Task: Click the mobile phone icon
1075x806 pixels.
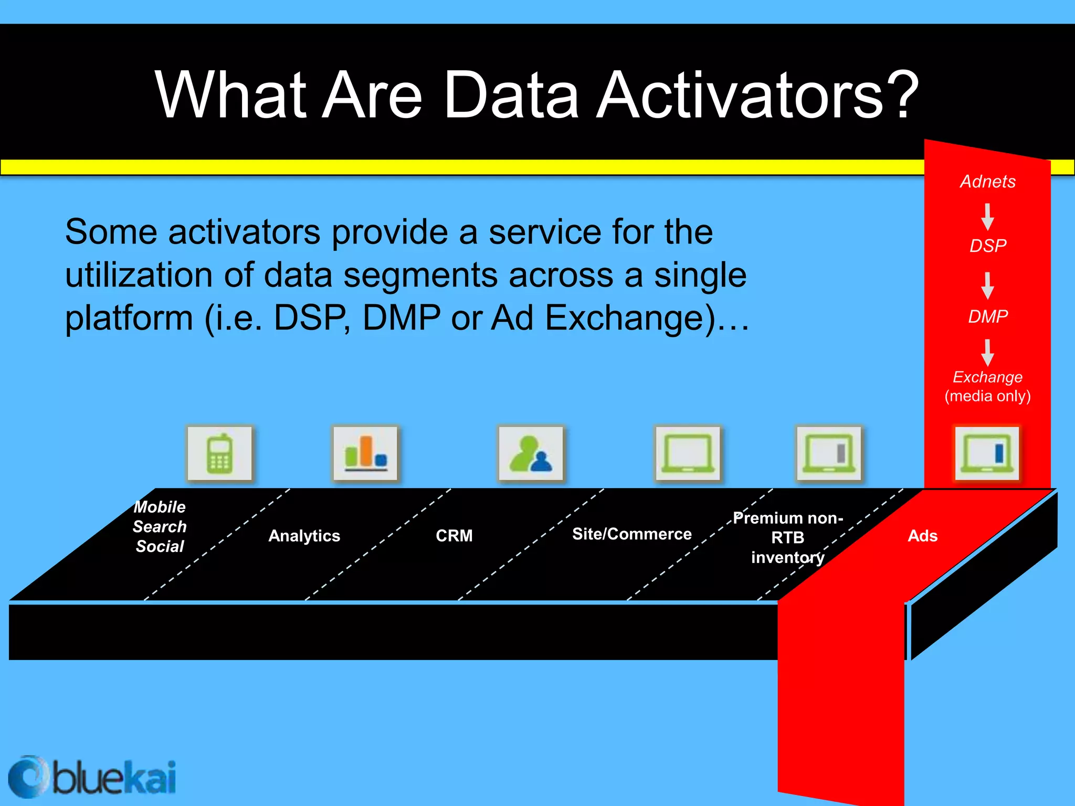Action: (x=219, y=453)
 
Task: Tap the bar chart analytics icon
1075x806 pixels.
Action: (x=365, y=453)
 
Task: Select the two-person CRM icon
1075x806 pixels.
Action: (x=530, y=453)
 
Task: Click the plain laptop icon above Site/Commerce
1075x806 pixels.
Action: (x=688, y=453)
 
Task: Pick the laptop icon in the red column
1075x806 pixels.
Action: (x=987, y=453)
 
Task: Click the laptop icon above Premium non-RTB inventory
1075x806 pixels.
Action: (x=829, y=453)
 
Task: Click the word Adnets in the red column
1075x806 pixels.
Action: (x=987, y=182)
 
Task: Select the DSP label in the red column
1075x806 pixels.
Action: (x=987, y=246)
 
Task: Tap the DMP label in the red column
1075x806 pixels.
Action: (x=987, y=316)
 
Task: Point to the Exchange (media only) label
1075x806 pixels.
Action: (x=987, y=386)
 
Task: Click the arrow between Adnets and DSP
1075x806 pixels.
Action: (x=987, y=217)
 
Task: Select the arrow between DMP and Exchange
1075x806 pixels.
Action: (x=987, y=352)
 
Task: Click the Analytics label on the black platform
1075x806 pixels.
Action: (x=304, y=536)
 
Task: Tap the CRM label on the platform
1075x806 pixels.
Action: (x=454, y=536)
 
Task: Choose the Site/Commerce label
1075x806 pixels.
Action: (x=631, y=534)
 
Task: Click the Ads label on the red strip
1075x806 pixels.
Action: (x=922, y=536)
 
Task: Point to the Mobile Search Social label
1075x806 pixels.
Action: (x=160, y=526)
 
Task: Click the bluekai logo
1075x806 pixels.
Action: (x=92, y=777)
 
